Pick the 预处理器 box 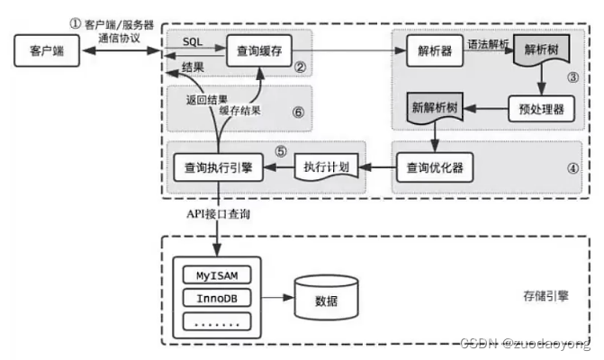click(x=540, y=109)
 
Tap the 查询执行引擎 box click(x=216, y=167)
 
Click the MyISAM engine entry click(x=216, y=273)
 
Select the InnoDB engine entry click(x=216, y=296)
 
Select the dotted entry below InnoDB click(x=216, y=321)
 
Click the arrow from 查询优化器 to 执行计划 click(x=377, y=167)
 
